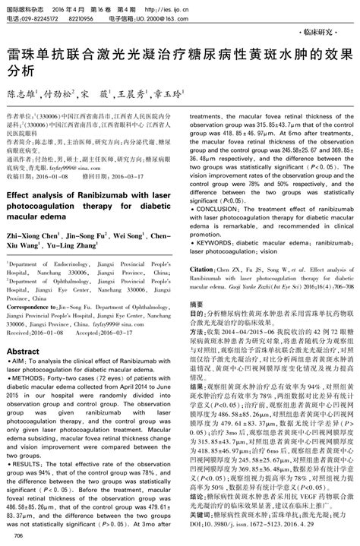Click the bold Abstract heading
[22, 352]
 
